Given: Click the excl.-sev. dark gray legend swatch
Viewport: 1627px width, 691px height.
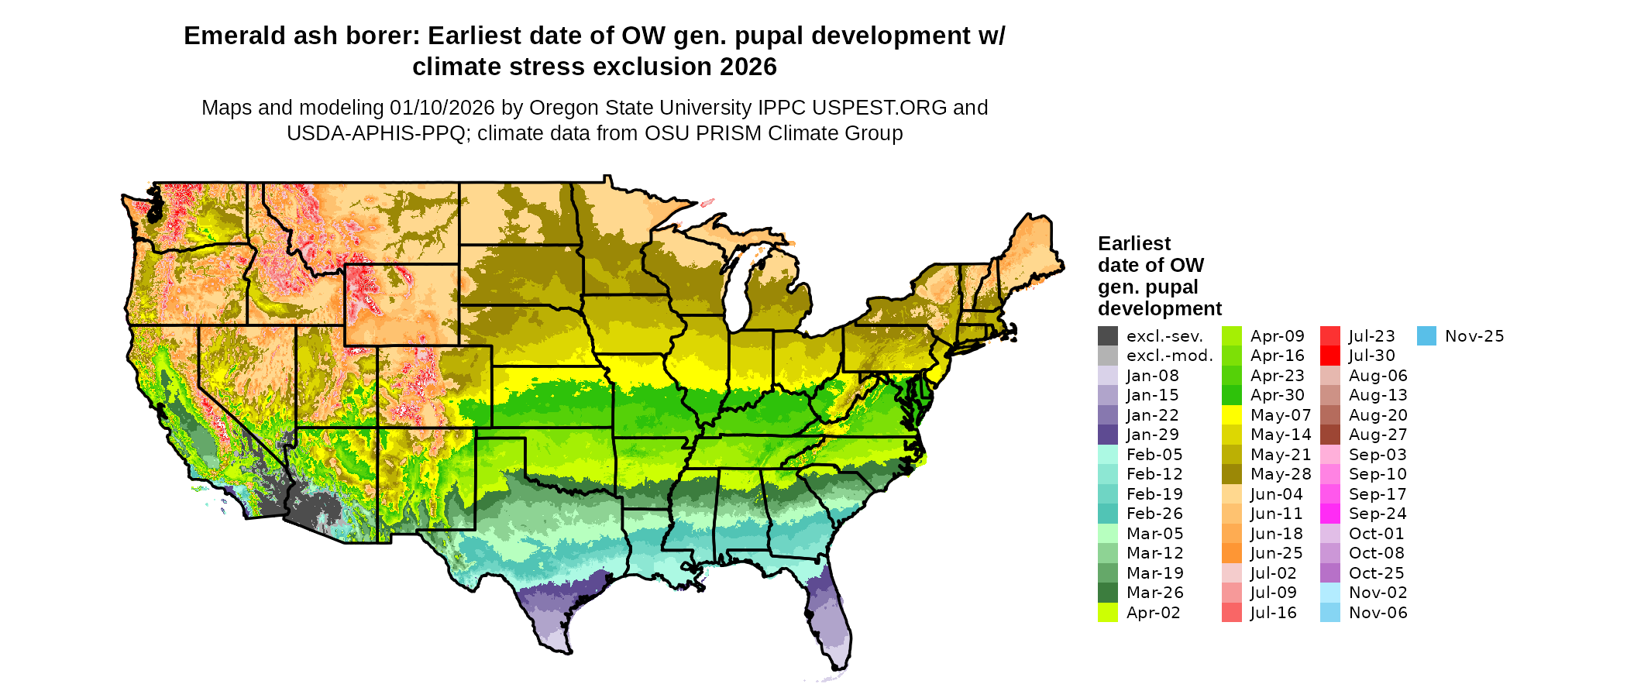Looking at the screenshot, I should [x=1108, y=336].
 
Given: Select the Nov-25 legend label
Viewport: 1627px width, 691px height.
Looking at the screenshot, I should [x=1474, y=336].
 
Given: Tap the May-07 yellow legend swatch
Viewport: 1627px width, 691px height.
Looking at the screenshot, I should [x=1232, y=415].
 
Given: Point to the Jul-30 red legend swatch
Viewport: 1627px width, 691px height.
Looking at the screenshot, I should [x=1330, y=356].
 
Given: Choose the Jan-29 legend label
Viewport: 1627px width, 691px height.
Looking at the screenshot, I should [x=1152, y=435].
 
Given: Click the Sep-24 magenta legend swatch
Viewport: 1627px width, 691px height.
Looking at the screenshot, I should [x=1330, y=514].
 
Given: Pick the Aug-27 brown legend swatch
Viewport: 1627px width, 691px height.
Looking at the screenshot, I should [x=1330, y=435].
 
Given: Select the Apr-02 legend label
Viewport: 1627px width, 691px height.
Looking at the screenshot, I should [x=1153, y=613].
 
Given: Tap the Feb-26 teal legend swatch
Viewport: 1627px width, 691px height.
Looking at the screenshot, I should [x=1108, y=514].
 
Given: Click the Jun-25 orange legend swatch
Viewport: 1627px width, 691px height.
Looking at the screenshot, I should [x=1232, y=553].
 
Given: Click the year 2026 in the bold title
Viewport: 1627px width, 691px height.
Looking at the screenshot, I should [x=748, y=67].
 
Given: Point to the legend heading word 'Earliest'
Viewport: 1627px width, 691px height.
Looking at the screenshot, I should [x=1134, y=243].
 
